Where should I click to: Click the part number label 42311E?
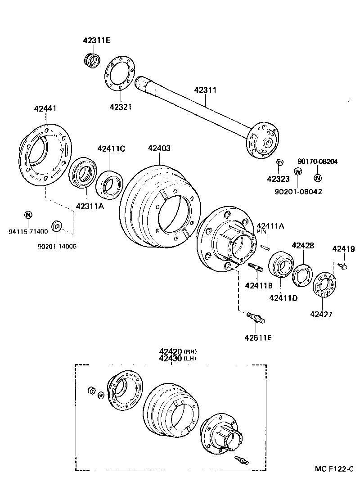click(x=97, y=40)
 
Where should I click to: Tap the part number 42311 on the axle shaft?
click(x=206, y=90)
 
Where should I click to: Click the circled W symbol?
click(x=297, y=171)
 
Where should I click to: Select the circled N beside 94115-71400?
click(x=27, y=214)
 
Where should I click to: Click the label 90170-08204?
click(x=318, y=161)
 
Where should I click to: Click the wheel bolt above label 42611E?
click(x=255, y=319)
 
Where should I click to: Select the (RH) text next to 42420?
click(x=191, y=351)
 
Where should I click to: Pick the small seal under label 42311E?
click(x=92, y=60)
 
